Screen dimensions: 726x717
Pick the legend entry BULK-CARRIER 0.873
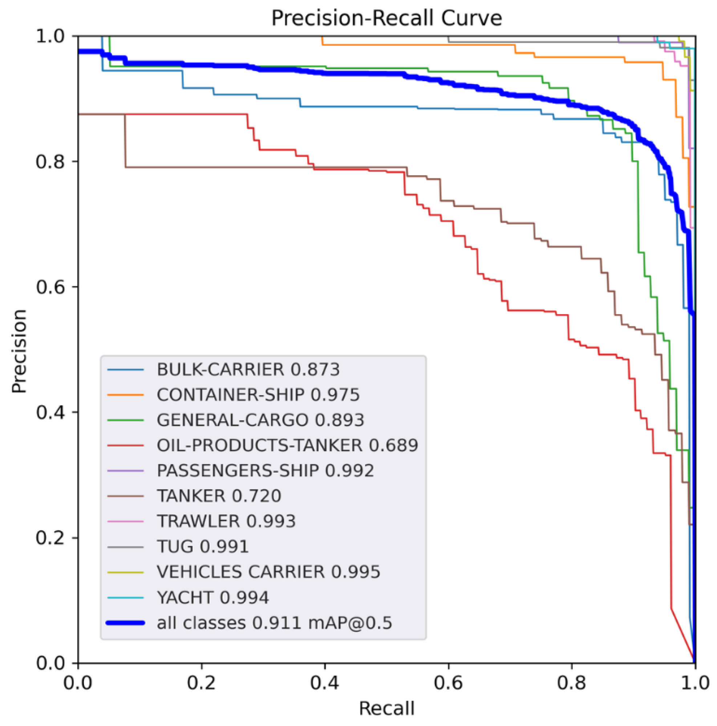248,370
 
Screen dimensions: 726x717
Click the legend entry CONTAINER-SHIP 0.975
258,395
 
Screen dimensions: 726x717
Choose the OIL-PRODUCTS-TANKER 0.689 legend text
287,445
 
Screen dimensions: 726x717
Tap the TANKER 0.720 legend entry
219,496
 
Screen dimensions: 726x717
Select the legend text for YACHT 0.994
213,597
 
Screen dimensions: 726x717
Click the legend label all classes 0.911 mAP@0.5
274,623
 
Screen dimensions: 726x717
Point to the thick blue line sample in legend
125,623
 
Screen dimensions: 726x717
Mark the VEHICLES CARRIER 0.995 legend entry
268,572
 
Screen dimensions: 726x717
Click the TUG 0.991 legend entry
203,547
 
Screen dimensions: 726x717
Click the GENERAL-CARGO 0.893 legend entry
260,420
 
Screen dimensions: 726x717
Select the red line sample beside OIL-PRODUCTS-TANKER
125,446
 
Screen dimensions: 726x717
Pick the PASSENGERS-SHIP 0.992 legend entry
266,471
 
